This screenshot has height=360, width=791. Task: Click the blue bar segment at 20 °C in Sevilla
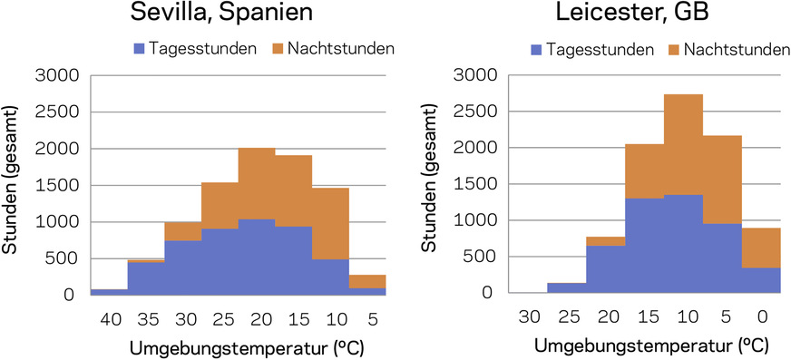(x=256, y=258)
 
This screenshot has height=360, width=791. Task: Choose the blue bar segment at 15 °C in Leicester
(x=644, y=245)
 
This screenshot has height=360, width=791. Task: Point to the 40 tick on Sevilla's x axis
(x=108, y=319)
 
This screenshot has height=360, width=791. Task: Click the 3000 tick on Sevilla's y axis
(x=54, y=75)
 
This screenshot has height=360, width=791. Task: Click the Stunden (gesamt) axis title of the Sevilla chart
(x=15, y=185)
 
